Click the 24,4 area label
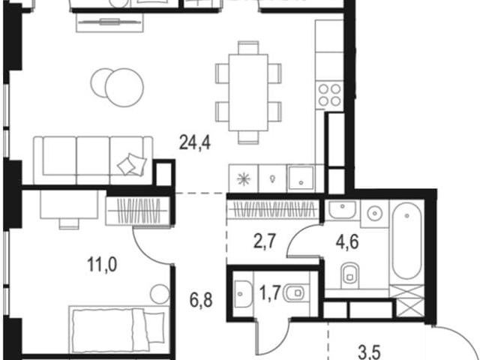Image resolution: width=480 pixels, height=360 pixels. tap(195, 142)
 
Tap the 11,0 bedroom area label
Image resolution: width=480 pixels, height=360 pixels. tap(102, 265)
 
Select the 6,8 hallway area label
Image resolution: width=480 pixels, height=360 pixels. tap(201, 300)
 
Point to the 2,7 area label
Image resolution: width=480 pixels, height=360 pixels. tap(265, 241)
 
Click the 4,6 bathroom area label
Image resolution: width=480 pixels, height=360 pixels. tap(347, 242)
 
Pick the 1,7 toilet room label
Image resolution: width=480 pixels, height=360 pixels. tap(270, 293)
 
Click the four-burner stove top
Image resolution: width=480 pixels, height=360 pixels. tap(330, 94)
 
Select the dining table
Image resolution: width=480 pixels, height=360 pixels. tap(248, 92)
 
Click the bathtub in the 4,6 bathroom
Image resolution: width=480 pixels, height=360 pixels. tap(406, 241)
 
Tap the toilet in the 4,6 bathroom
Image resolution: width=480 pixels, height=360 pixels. tap(349, 274)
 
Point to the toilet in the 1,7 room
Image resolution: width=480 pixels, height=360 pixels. tap(295, 293)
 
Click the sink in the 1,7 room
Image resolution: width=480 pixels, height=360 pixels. tap(242, 294)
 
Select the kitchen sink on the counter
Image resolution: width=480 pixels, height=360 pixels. tap(301, 178)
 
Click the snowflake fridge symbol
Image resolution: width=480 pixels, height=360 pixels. tap(244, 178)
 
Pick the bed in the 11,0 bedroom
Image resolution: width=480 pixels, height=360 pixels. tap(118, 330)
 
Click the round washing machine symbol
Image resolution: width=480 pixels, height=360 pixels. tap(373, 213)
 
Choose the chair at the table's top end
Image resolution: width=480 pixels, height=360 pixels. tap(248, 47)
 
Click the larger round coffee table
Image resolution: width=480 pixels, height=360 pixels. tap(124, 88)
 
